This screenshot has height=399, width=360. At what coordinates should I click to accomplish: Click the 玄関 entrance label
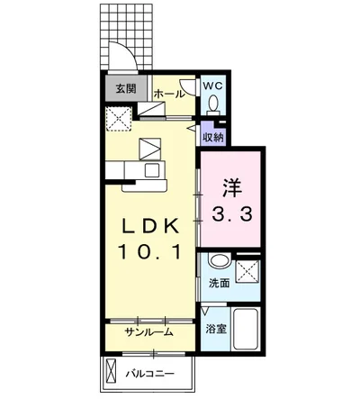126,88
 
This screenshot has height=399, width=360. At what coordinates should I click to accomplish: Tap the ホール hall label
169,94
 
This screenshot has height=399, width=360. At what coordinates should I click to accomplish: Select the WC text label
212,86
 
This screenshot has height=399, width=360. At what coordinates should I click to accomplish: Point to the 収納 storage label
213,138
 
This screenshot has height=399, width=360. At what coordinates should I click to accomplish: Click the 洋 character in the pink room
232,188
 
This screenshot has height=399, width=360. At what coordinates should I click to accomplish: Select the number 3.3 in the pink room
231,214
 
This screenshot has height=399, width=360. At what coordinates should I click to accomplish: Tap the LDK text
149,226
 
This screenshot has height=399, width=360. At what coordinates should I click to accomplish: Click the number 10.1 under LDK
149,251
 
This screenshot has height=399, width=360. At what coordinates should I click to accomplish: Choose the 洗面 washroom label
219,283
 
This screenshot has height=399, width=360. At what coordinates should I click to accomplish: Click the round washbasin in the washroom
220,260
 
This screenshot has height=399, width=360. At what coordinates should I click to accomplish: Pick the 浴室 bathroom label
216,330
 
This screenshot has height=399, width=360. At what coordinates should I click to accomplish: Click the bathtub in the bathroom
246,329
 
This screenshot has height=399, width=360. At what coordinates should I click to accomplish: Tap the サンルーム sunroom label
149,331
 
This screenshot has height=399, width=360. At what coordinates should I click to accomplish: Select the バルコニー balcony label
150,374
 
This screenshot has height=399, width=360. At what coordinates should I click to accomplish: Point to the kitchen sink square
152,170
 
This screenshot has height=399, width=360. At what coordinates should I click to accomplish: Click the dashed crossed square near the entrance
119,119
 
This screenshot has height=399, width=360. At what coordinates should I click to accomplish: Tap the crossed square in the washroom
247,272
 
